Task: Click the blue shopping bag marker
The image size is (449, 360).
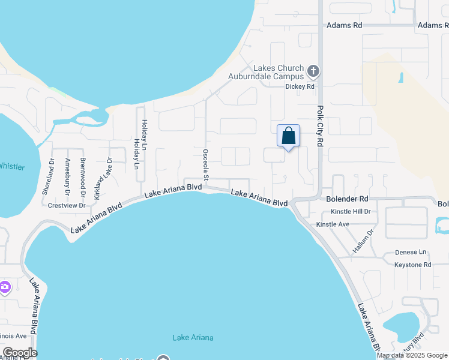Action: pos(288,136)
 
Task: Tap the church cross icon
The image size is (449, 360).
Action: pos(312,72)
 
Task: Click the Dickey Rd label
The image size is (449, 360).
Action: pos(300,86)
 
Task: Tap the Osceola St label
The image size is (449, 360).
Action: pos(205,164)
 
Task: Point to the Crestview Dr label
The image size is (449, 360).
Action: pos(67,205)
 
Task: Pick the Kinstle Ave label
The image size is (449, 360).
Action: pos(333,224)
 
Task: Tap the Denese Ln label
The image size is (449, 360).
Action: pos(410,253)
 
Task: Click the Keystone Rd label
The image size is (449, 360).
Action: pos(412,265)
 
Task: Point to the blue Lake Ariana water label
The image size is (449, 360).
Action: pos(193,338)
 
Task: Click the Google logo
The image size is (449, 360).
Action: pos(20,353)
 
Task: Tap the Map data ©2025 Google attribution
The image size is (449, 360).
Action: pos(412,355)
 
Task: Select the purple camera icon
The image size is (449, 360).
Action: pos(5,287)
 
